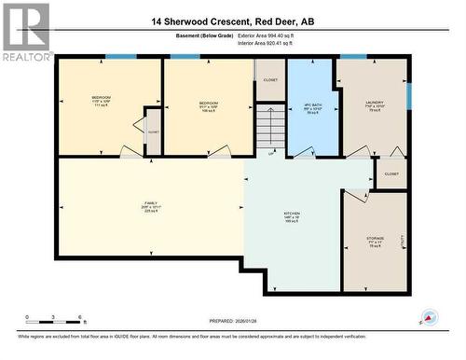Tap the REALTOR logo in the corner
click(x=27, y=32)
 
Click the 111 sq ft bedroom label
click(x=102, y=100)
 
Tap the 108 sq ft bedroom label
click(x=209, y=105)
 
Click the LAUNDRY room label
click(x=373, y=105)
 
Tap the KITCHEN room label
click(x=292, y=217)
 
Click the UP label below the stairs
click(x=271, y=153)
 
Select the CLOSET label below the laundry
click(x=391, y=173)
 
